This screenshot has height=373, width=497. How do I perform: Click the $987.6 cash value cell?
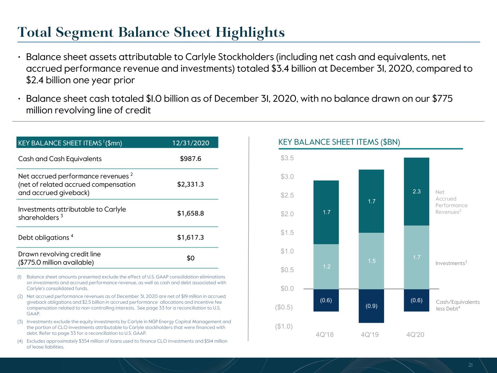pos(190,158)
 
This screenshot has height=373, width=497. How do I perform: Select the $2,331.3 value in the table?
pos(190,184)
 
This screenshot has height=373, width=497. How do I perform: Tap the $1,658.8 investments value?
pos(190,213)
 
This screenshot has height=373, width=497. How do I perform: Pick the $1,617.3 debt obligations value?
pos(190,237)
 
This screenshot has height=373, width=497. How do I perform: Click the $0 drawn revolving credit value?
pos(190,258)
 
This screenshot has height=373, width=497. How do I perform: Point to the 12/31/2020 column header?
pos(191,143)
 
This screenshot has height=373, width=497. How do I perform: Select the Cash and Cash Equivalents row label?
pos(60,159)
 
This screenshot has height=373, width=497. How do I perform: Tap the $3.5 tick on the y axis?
pos(287,158)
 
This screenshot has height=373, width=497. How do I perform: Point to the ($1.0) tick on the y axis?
pos(284,326)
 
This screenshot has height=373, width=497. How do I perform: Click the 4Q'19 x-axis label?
pos(370,334)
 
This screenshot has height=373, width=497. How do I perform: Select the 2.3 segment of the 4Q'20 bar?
pos(417,191)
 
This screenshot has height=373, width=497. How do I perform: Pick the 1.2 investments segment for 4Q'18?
pos(326,267)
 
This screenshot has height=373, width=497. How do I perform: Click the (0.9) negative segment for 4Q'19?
pos(371,306)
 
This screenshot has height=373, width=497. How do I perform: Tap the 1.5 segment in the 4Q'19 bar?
pos(371,261)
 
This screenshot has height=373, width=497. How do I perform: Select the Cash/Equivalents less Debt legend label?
pos(458,305)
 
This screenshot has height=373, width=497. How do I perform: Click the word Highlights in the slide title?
pos(250,32)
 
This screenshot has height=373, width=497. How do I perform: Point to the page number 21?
pos(470,365)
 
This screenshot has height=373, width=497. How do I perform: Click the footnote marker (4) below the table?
pos(20,341)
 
